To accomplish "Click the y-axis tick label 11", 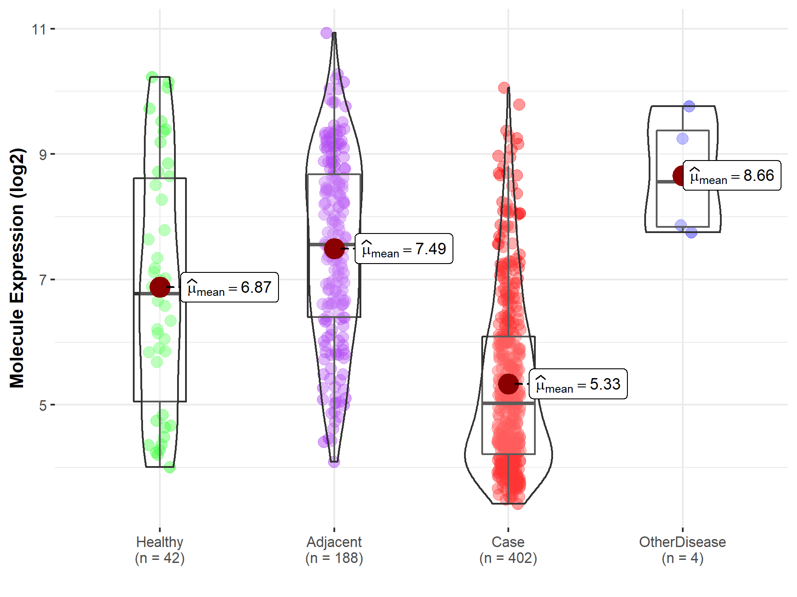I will point(39,30).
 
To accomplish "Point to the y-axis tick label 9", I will point(43,155).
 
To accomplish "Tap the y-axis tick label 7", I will point(43,280).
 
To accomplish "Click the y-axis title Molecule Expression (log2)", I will point(17,268).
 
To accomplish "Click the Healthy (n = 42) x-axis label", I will point(160,550).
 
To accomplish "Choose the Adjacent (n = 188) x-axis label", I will point(334,550).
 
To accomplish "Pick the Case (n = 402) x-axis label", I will point(508,550).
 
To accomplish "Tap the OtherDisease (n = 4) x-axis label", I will point(682,550).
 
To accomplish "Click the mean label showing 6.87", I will point(230,287).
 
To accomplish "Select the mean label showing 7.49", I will point(404,249).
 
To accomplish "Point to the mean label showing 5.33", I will point(578,384).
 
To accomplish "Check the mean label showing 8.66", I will point(732,176).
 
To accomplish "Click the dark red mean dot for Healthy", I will point(160,287).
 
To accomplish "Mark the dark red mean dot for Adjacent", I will point(334,249).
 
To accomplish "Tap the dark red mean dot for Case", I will point(508,384).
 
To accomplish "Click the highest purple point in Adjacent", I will point(326,33).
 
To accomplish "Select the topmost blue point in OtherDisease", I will point(689,106).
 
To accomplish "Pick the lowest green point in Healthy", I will point(170,467).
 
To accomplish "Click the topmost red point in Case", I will point(504,88).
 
